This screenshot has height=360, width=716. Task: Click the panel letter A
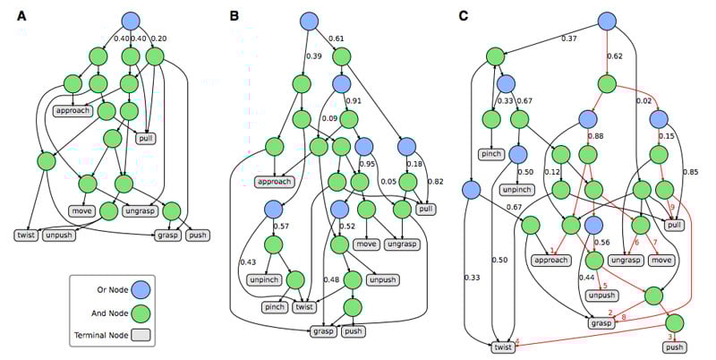click(x=21, y=15)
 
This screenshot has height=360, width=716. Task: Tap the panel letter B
click(x=234, y=15)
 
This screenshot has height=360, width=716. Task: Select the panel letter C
click(x=462, y=15)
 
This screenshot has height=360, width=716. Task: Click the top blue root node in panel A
click(x=132, y=20)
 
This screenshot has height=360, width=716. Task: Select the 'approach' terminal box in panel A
click(x=73, y=112)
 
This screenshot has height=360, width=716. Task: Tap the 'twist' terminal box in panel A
click(x=26, y=236)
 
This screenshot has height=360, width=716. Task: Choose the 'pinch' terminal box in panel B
click(x=274, y=307)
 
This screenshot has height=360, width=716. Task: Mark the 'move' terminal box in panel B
click(x=366, y=244)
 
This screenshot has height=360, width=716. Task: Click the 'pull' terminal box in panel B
click(x=424, y=208)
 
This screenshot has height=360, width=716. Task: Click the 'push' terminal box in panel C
click(x=675, y=347)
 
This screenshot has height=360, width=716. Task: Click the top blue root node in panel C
click(x=606, y=20)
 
